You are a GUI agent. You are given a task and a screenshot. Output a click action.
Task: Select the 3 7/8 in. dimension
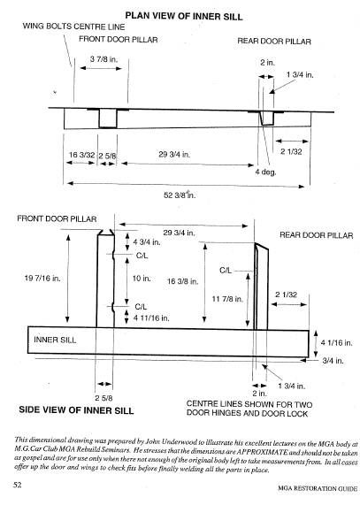(x=105, y=58)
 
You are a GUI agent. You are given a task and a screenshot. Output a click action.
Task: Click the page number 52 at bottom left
(x=17, y=486)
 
